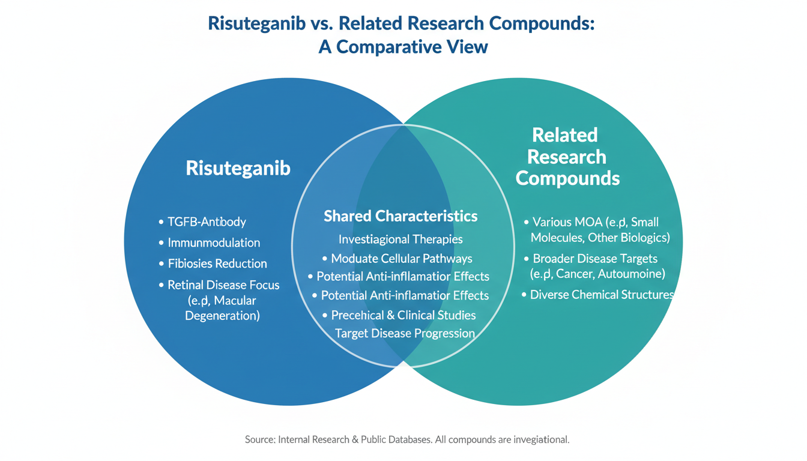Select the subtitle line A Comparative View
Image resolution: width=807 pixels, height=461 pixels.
coord(403,47)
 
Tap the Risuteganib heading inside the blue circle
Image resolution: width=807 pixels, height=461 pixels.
coord(238,168)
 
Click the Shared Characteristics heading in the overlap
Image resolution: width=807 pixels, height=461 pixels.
coord(400,216)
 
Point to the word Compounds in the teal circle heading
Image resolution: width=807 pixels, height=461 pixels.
coord(567,178)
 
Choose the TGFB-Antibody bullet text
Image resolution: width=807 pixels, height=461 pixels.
coord(207,222)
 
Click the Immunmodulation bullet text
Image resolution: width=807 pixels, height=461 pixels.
coord(214,243)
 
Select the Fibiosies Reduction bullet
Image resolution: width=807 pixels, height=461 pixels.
coord(217,264)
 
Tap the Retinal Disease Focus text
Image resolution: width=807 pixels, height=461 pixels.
coord(223,285)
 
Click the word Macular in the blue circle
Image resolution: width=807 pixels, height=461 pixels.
coord(235,300)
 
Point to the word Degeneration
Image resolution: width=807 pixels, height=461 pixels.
coord(222,315)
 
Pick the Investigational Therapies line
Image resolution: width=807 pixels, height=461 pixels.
coord(400,240)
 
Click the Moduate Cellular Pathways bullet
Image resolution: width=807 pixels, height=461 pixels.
coord(402,259)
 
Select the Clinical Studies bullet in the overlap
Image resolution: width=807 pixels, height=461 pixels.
coord(404,315)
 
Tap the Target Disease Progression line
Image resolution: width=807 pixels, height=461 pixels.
coord(405,333)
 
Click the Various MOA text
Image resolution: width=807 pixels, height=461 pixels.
coord(559,222)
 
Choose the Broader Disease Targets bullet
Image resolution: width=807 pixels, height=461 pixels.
coord(595,259)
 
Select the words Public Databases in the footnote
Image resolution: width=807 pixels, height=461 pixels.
coord(395,439)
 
